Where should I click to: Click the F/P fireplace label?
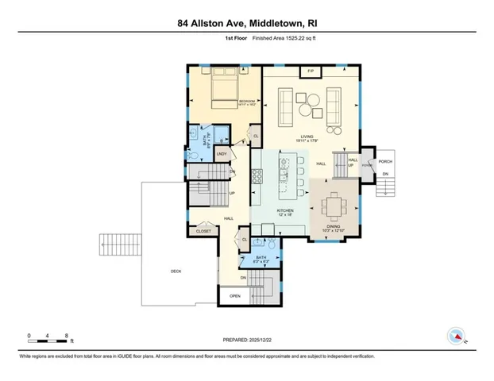(311, 72)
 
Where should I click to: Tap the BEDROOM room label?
(247, 102)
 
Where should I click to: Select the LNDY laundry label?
(222, 153)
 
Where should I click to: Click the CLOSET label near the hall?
(203, 231)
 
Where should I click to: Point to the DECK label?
(176, 272)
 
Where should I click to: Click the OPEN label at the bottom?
(235, 296)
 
